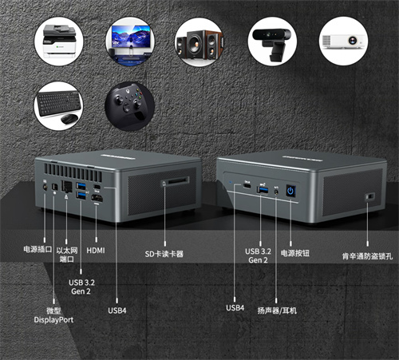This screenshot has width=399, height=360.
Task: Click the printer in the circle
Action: pyautogui.click(x=59, y=41)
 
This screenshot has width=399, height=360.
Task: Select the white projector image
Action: pyautogui.click(x=343, y=42)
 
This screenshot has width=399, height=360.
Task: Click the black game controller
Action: pyautogui.click(x=128, y=102)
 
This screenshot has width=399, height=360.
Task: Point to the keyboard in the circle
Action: pyautogui.click(x=58, y=103)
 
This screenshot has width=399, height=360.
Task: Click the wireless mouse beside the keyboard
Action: pyautogui.click(x=69, y=119)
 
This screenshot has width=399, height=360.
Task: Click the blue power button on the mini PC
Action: pyautogui.click(x=290, y=191)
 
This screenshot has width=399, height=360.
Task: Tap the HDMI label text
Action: pyautogui.click(x=96, y=251)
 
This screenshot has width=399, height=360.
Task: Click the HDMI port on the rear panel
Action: pyautogui.click(x=97, y=198)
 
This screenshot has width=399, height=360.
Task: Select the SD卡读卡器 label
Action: pyautogui.click(x=164, y=254)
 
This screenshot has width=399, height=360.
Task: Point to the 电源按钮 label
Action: pyautogui.click(x=295, y=253)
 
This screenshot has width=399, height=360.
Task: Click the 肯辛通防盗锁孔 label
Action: pyautogui.click(x=367, y=256)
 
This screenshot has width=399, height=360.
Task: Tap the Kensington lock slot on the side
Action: pyautogui.click(x=370, y=196)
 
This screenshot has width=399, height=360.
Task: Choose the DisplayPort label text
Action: pyautogui.click(x=53, y=319)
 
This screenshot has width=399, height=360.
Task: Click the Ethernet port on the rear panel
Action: pyautogui.click(x=66, y=186)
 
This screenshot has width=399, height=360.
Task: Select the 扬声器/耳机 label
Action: pyautogui.click(x=277, y=311)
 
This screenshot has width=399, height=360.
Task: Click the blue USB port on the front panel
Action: pyautogui.click(x=263, y=189)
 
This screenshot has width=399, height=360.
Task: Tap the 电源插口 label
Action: pyautogui.click(x=38, y=249)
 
